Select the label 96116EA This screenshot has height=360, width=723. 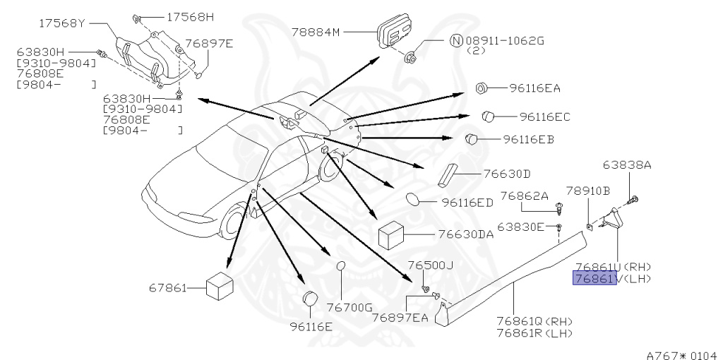click(534, 88)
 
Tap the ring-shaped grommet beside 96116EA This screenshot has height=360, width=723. click(482, 88)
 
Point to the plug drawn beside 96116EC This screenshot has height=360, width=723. click(488, 115)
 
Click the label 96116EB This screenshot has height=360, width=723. click(529, 140)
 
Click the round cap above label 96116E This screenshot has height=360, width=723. click(309, 301)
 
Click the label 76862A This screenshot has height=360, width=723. click(524, 196)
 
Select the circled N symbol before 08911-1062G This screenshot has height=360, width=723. click(456, 41)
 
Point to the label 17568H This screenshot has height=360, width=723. click(190, 16)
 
